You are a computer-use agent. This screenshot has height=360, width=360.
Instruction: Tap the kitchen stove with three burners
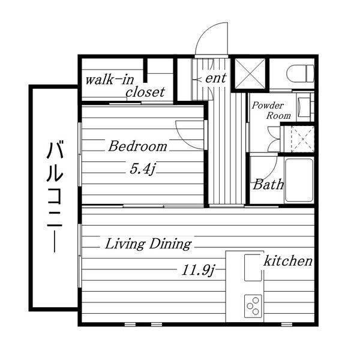coord(253,306)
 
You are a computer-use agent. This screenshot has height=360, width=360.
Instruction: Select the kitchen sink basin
coord(253,268)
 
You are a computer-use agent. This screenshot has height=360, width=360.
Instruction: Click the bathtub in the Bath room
coord(299,181)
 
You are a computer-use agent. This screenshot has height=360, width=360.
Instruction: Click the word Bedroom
coord(137,146)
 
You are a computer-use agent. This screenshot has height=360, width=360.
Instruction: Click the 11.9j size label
coord(199,270)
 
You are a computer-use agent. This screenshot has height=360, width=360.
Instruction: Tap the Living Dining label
coord(148,244)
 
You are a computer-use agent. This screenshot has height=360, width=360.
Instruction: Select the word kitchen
coord(288,261)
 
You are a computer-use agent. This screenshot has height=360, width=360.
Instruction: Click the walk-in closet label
coord(125,86)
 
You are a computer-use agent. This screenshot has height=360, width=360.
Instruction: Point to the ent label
coord(216,78)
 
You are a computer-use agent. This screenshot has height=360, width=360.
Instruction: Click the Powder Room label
coord(271,110)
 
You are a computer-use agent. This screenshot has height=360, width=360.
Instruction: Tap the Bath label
coord(268,185)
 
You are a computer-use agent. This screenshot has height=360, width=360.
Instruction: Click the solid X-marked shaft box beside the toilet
coord(250,74)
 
